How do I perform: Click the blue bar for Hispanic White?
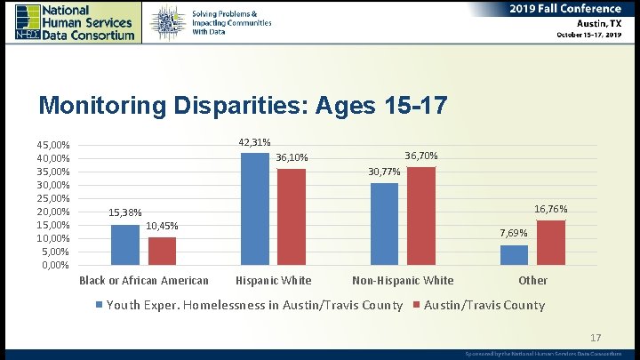coord(254,209)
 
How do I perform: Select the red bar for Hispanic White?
coord(291,217)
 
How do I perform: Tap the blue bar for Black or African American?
coord(124,244)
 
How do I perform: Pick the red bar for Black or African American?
coord(162,251)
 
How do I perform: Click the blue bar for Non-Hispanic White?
coord(384,224)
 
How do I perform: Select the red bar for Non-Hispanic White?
coord(421,216)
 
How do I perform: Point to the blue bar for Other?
coord(514,255)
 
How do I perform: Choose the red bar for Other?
coord(551,243)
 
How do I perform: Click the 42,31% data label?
coord(255,143)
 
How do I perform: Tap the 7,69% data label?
coord(514,233)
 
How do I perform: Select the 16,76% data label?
coord(551,209)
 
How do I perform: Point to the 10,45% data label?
coord(163,226)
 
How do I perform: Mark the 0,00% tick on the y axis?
coord(56,265)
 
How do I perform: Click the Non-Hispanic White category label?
coord(403,281)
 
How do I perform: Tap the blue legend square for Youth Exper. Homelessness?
coord(100,306)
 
